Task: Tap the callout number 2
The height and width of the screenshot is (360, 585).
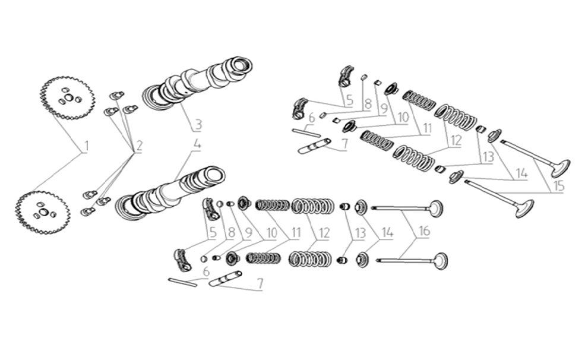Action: [x=139, y=145]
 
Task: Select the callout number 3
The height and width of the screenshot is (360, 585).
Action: [x=198, y=125]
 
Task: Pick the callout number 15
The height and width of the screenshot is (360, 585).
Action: [x=558, y=187]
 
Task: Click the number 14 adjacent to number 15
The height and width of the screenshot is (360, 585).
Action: [x=521, y=173]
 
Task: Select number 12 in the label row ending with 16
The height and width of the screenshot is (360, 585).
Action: [x=324, y=233]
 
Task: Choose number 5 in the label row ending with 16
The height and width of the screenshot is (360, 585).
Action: [x=212, y=233]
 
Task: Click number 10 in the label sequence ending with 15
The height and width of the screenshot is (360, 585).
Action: [x=403, y=118]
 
